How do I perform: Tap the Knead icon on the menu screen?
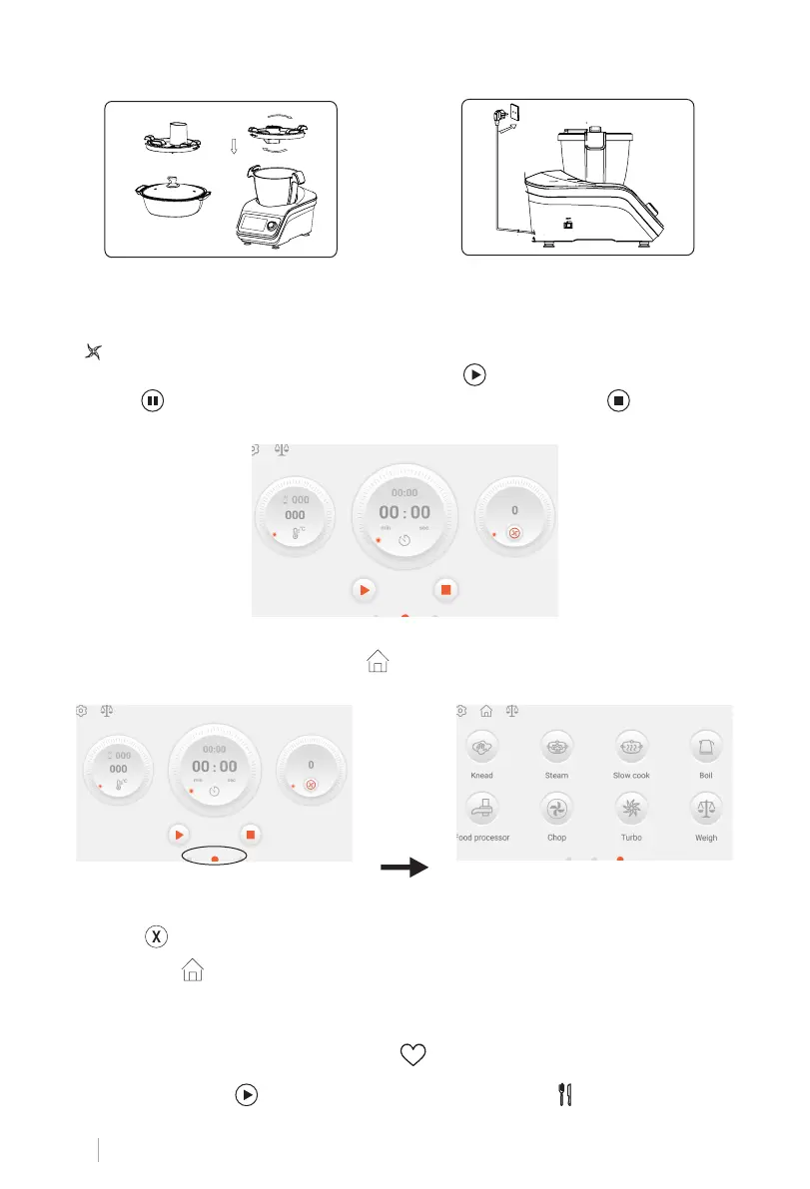click(x=481, y=746)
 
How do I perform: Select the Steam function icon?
click(x=556, y=746)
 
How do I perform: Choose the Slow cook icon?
click(x=631, y=746)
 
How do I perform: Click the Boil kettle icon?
click(x=706, y=746)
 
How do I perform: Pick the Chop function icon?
click(x=556, y=808)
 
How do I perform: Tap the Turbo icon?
click(x=631, y=808)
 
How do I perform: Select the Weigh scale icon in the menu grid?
click(x=706, y=808)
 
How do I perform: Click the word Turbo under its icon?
click(x=631, y=838)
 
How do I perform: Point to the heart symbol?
click(x=412, y=1053)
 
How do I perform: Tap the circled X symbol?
click(x=156, y=936)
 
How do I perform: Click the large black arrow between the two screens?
click(x=404, y=868)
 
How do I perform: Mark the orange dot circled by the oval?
click(x=215, y=858)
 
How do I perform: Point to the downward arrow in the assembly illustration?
click(x=233, y=148)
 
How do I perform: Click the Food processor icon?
click(x=481, y=808)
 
